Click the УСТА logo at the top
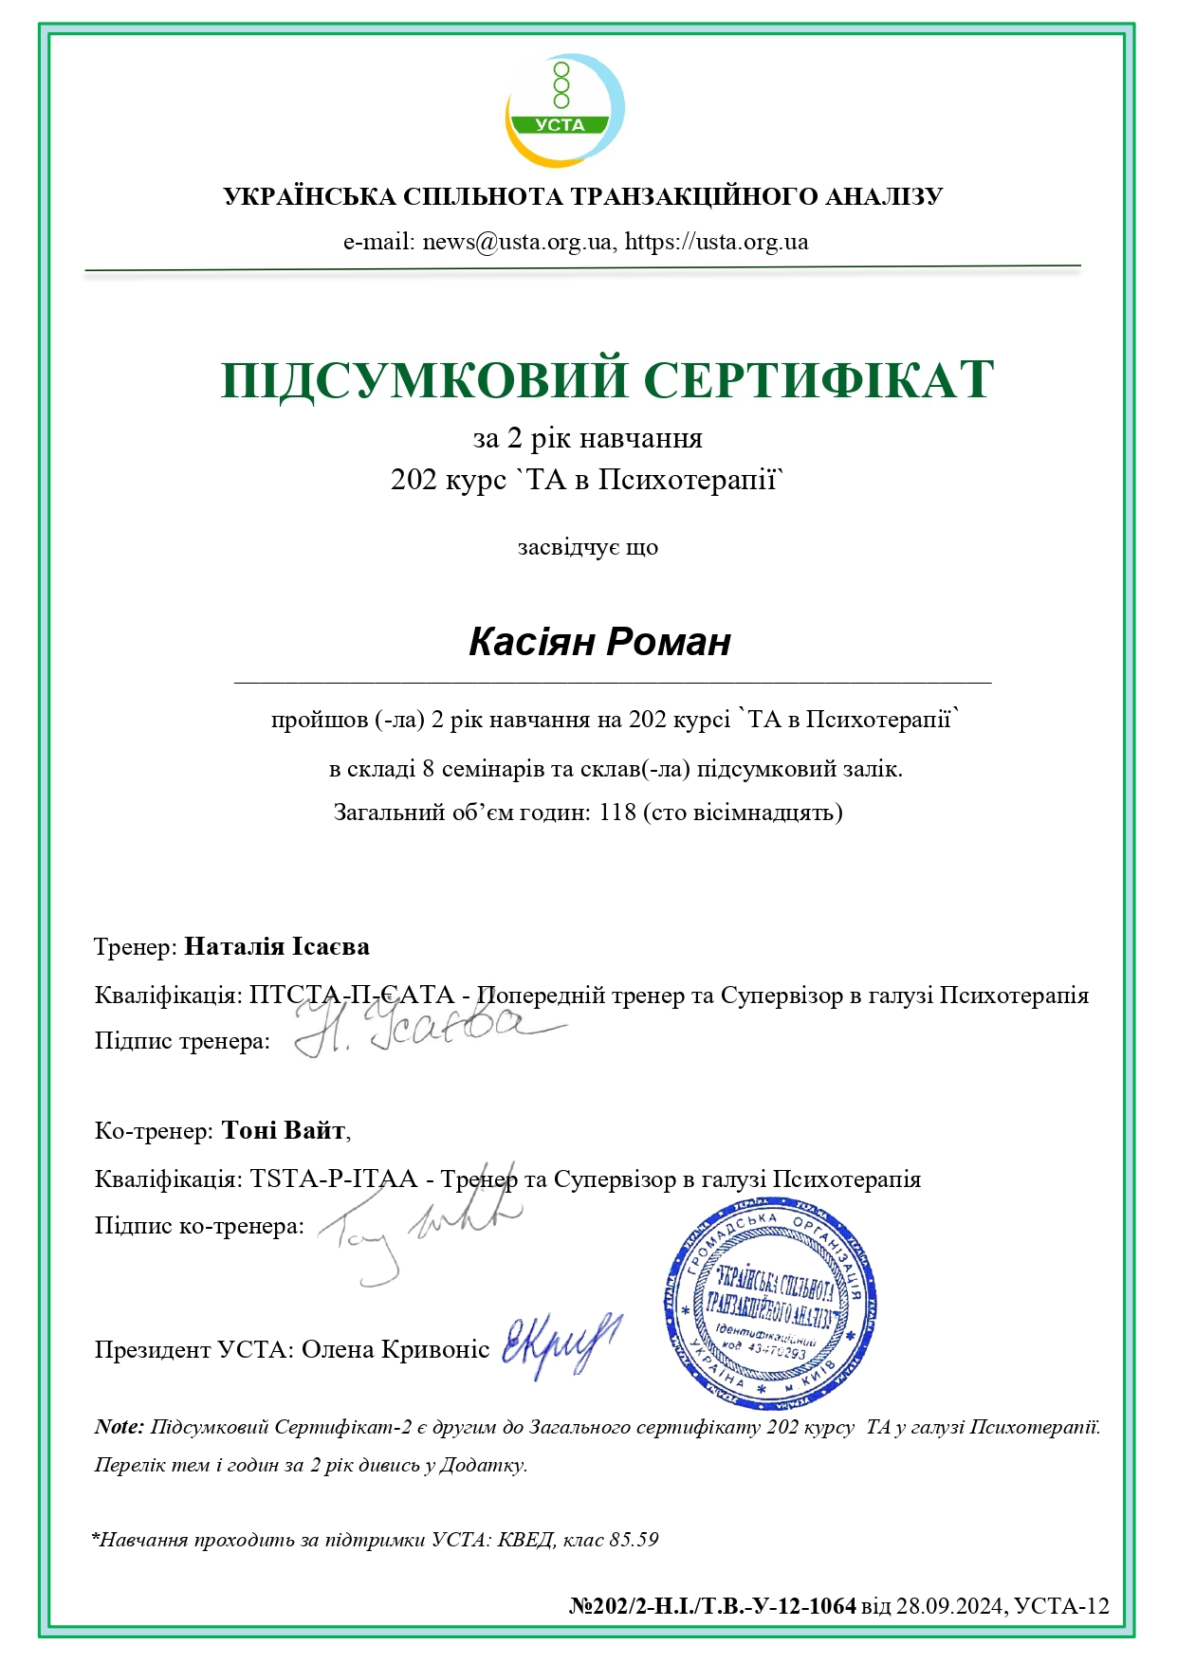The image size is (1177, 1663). pos(564,109)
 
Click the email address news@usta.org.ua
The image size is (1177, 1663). pos(517,242)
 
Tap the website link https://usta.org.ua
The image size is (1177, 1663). pos(716,242)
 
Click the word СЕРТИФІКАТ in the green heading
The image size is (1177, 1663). pos(818,379)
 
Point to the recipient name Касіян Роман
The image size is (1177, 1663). pos(599,642)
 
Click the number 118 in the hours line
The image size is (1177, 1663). pos(617,813)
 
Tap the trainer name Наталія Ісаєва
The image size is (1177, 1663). pos(277,946)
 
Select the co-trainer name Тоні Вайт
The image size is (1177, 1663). pos(284,1130)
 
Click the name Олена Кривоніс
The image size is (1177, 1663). pos(395,1349)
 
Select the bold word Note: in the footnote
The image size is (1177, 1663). pos(120,1427)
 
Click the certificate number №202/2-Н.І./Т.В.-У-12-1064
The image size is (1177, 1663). pos(712,1606)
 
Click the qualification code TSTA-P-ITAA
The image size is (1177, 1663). pos(334,1179)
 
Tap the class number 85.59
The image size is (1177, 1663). pos(634,1540)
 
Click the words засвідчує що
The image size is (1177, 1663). pos(588,548)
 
